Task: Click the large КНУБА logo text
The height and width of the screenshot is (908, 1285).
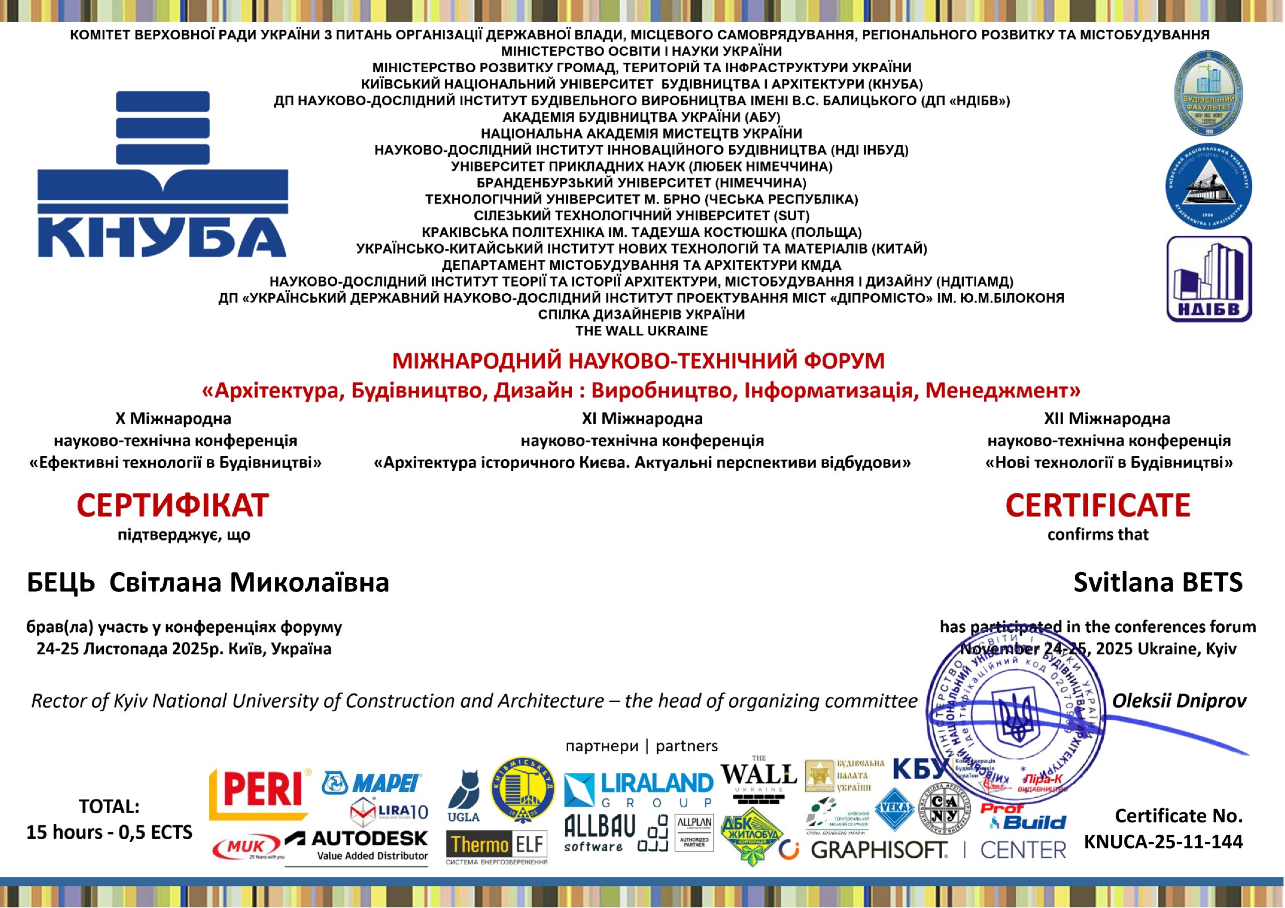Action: click(x=162, y=237)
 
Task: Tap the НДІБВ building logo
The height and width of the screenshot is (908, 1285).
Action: click(x=1209, y=279)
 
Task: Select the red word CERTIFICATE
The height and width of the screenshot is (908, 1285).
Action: click(x=1097, y=505)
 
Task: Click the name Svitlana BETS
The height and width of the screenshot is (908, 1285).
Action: click(x=1158, y=582)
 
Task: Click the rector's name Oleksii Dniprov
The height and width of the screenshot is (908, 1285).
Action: click(x=1179, y=700)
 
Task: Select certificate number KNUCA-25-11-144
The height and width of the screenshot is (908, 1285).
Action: click(x=1163, y=841)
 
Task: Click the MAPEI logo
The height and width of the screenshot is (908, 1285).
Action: click(x=372, y=783)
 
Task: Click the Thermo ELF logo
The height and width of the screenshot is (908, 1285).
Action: click(x=496, y=844)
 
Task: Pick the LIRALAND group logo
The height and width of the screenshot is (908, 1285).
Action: click(x=638, y=790)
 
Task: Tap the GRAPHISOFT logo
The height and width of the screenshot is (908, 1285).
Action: click(x=879, y=850)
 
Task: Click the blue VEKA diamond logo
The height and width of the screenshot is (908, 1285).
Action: click(x=894, y=808)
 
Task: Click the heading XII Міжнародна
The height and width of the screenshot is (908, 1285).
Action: click(x=1106, y=418)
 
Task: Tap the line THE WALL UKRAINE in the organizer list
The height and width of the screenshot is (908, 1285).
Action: click(x=641, y=331)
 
